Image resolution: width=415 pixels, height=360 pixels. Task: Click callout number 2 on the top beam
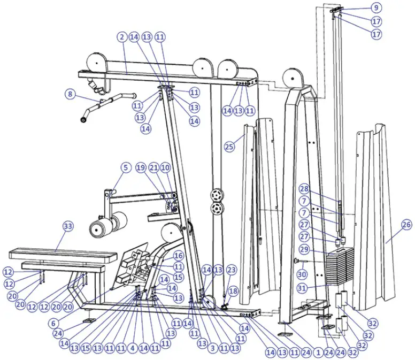[122, 37]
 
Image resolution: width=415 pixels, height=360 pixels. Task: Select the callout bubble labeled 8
[70, 95]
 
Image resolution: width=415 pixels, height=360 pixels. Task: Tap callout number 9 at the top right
[375, 7]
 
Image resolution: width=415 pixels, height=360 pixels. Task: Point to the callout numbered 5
[125, 167]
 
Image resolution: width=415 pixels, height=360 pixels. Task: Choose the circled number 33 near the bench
[67, 227]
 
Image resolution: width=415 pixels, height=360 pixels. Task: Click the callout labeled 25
[229, 146]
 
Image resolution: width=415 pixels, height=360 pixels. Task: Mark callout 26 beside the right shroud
[406, 225]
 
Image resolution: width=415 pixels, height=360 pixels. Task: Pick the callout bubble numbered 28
[304, 189]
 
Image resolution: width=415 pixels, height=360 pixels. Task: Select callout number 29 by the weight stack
[304, 250]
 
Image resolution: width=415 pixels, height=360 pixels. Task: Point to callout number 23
[231, 270]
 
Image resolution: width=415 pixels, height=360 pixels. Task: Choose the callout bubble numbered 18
[233, 291]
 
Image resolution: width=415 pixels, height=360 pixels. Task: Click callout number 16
[178, 256]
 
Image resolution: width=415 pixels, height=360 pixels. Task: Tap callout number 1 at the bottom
[319, 353]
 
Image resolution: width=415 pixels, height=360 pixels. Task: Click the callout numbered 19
[141, 167]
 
